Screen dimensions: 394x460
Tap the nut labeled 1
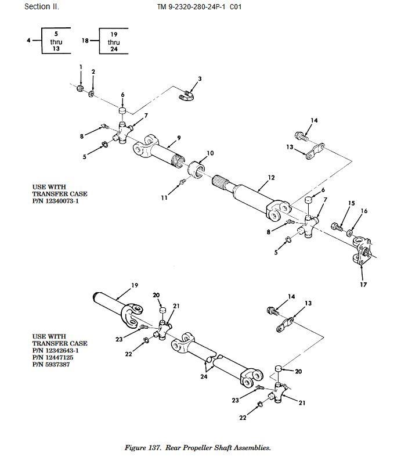pos(80,88)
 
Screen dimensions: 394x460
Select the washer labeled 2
pos(91,94)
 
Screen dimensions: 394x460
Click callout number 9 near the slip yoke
pos(179,138)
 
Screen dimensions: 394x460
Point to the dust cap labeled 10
pos(196,168)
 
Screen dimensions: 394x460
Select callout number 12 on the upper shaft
pos(271,178)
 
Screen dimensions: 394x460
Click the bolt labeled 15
pos(337,227)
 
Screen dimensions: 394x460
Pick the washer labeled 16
pos(349,233)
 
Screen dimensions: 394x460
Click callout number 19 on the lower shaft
pos(135,285)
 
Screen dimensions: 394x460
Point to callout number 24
pos(204,376)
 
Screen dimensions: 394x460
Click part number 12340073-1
pos(62,201)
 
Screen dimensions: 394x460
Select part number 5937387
pos(57,365)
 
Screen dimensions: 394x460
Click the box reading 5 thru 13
pos(56,41)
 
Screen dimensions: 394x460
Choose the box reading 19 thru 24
pos(114,41)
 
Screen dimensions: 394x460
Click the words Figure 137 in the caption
pos(143,448)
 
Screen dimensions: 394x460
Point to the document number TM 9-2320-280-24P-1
pos(191,7)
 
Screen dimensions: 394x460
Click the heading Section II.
pos(42,6)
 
